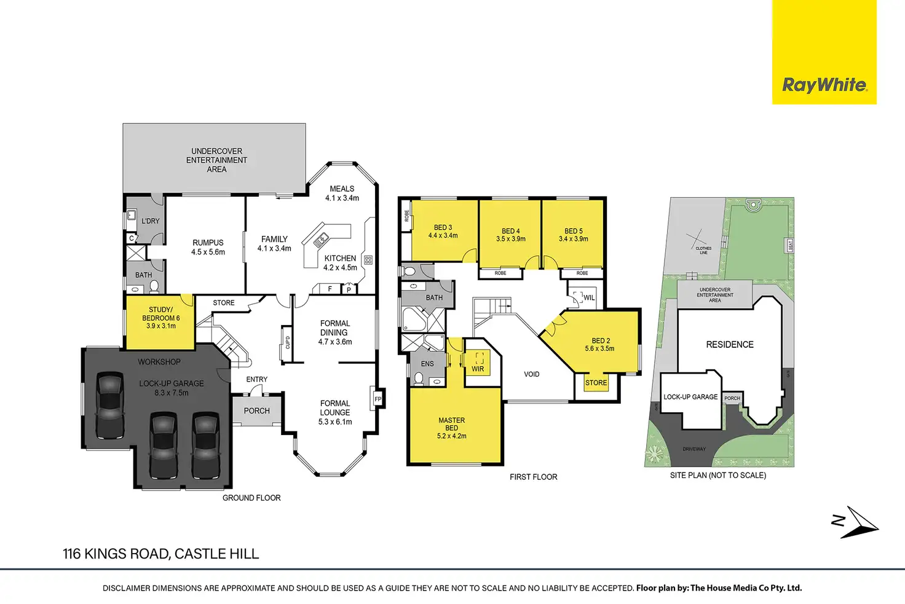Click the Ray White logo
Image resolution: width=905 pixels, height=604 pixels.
coord(824,85)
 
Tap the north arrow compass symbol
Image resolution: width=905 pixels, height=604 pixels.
coord(856,522)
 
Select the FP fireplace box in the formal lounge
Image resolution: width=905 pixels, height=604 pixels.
coord(377,399)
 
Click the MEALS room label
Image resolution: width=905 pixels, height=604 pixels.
coord(342,189)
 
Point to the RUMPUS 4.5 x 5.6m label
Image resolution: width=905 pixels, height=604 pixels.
coord(208,247)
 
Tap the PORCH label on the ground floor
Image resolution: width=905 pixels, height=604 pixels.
coord(256,410)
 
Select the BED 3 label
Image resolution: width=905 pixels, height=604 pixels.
coord(443,227)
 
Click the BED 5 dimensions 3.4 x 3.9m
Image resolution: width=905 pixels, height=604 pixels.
coord(573,239)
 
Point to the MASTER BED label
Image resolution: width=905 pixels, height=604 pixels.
coord(451,424)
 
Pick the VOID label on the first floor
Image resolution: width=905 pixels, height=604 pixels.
coord(531,374)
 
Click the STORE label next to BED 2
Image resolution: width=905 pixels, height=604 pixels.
coord(596,383)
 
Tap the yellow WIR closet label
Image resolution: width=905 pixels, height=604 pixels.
coord(478,369)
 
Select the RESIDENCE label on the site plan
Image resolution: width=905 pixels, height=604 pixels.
coord(729,345)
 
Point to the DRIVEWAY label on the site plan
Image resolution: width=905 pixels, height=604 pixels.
coord(694,449)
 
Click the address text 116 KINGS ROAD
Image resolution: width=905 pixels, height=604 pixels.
coord(116,554)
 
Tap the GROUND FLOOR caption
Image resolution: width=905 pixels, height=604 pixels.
coord(251,498)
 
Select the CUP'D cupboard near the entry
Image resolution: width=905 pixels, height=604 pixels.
coord(287,342)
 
